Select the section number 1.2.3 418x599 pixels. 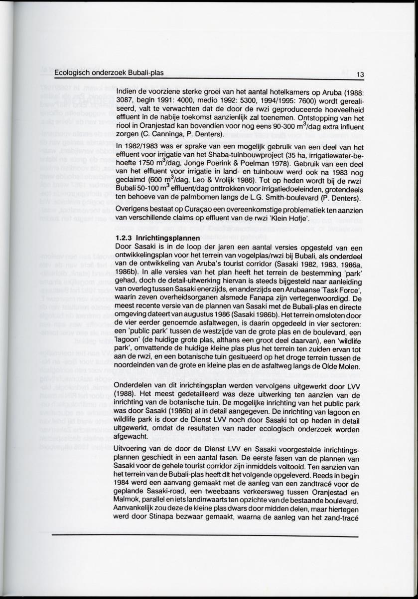click(x=124, y=238)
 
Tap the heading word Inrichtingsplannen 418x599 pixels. click(x=164, y=238)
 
